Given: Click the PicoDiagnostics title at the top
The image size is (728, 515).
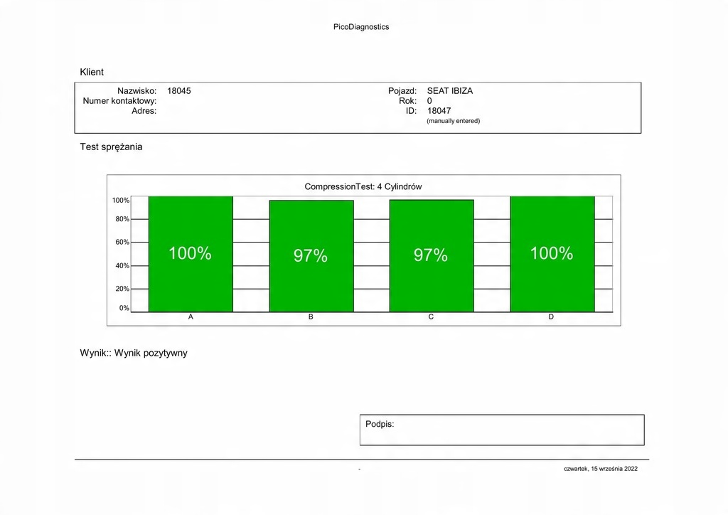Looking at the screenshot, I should click(x=361, y=27).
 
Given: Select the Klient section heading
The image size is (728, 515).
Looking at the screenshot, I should click(x=92, y=72).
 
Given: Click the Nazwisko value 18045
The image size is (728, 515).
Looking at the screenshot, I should click(x=179, y=91).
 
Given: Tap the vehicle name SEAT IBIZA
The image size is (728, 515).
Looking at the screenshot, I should click(x=449, y=91).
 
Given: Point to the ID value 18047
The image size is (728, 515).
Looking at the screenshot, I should click(x=439, y=111).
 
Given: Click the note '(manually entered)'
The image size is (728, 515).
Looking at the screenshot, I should click(x=453, y=121).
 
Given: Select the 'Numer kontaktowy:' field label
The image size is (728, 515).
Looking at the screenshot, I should click(x=119, y=101).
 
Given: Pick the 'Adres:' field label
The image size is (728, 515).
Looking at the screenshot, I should click(x=144, y=111).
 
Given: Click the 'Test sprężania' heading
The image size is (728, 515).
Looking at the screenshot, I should click(x=111, y=147).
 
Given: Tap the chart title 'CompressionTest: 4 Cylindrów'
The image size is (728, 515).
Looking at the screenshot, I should click(x=363, y=186).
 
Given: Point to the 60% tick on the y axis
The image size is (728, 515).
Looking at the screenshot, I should click(x=122, y=242).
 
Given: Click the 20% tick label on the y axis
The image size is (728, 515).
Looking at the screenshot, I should click(x=122, y=289).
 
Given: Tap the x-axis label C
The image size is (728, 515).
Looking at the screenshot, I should click(x=431, y=317).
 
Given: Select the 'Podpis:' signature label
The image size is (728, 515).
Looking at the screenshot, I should click(x=380, y=424).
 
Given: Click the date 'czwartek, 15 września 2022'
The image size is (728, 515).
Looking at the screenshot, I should click(x=601, y=469).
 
